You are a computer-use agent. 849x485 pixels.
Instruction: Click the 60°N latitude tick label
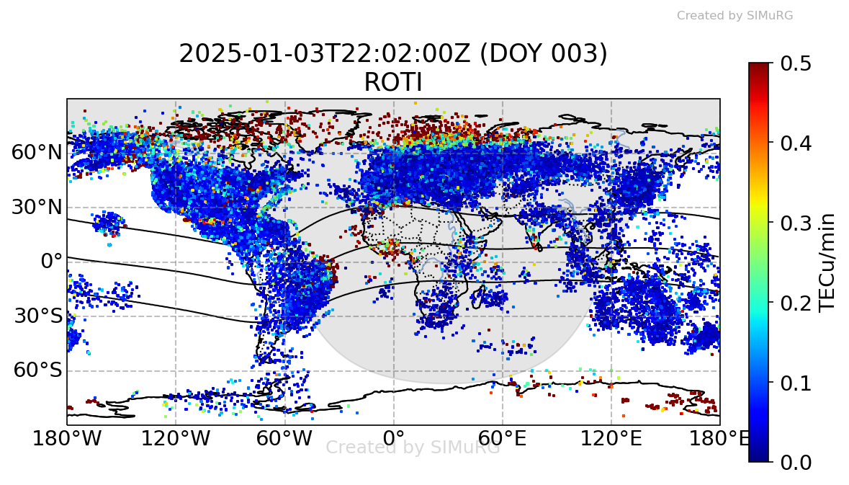37,153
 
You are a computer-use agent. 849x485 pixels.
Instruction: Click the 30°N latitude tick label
37,208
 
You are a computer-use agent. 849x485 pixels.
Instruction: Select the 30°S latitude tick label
37,316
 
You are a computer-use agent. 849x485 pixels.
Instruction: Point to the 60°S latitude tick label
37,371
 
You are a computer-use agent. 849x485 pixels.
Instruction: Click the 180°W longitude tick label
67,437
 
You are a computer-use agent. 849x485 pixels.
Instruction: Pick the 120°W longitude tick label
176,437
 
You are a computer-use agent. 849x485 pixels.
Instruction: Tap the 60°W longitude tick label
284,437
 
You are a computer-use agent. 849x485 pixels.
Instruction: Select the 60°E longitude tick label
502,437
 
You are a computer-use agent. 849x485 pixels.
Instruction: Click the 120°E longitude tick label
611,437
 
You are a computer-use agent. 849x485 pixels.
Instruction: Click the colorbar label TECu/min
829,262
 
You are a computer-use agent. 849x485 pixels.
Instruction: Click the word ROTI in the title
393,83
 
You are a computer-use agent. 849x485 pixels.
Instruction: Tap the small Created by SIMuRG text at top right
735,15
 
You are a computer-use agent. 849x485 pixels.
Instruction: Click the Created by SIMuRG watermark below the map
413,448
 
